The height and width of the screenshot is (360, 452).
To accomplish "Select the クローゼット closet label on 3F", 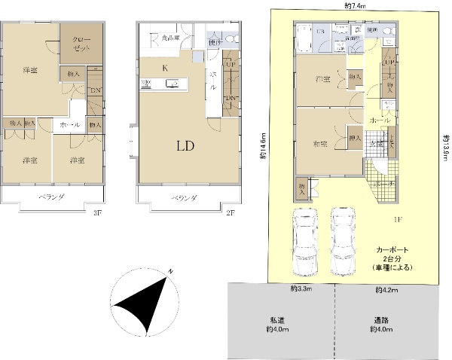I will click(x=82, y=42).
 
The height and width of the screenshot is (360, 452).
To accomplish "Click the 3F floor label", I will click(x=97, y=213).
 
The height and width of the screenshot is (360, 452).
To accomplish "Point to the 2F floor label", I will click(x=231, y=213).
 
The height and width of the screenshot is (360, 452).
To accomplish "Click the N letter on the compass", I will click(x=172, y=272).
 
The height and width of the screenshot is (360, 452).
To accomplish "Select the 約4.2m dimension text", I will click(x=386, y=288).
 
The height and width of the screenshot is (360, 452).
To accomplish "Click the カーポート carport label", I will click(x=389, y=250).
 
